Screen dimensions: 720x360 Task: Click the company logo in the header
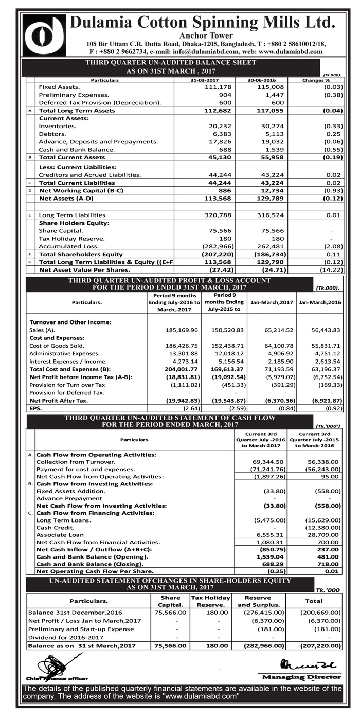pyautogui.click(x=44, y=35)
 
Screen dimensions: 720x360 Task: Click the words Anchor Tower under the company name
pyautogui.click(x=206, y=35)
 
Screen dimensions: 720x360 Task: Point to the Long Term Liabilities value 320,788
pyautogui.click(x=218, y=215)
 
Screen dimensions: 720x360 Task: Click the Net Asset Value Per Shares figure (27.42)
pyautogui.click(x=221, y=269)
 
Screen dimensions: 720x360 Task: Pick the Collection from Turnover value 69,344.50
pyautogui.click(x=265, y=462)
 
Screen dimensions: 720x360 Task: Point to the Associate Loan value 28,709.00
pyautogui.click(x=323, y=534)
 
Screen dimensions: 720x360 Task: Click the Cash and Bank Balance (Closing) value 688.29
pyautogui.click(x=270, y=564)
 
